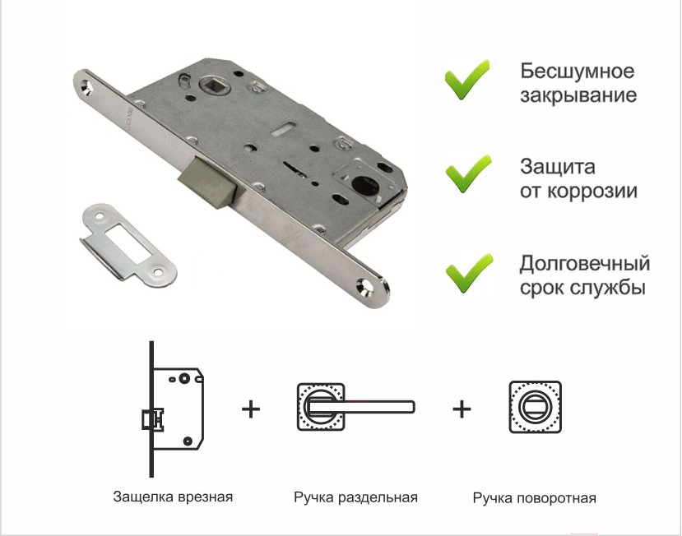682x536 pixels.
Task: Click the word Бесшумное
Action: coord(578,72)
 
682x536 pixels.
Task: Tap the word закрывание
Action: coord(578,95)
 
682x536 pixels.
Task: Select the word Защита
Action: coord(558,168)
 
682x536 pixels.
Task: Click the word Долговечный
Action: coord(585,264)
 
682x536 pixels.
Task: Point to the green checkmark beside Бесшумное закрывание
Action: coord(466,81)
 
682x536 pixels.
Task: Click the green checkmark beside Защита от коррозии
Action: coord(468,174)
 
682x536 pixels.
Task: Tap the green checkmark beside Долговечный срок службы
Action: coord(469,273)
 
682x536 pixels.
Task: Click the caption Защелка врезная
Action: coord(173,497)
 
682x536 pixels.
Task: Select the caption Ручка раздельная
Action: coord(355,497)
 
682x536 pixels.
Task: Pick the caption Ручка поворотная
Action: coord(534,498)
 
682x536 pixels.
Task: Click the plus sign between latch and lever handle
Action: coord(251,409)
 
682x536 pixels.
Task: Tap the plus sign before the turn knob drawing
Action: coord(462,409)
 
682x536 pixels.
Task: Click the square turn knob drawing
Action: coord(535,407)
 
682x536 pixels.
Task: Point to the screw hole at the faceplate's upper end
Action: coord(87,87)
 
